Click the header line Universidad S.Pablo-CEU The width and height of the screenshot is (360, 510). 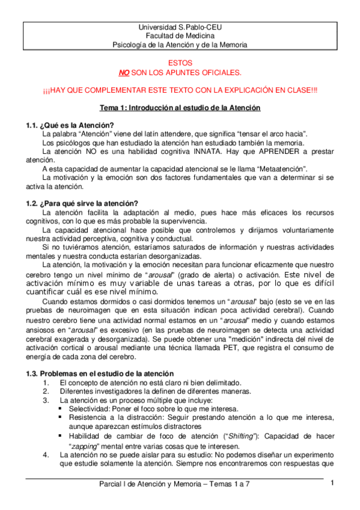click(x=180, y=28)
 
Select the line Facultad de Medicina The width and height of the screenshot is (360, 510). click(x=180, y=36)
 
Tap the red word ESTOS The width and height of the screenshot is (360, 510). click(x=180, y=63)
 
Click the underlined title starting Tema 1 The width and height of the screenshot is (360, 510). click(x=180, y=108)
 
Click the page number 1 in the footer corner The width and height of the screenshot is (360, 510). click(x=332, y=483)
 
